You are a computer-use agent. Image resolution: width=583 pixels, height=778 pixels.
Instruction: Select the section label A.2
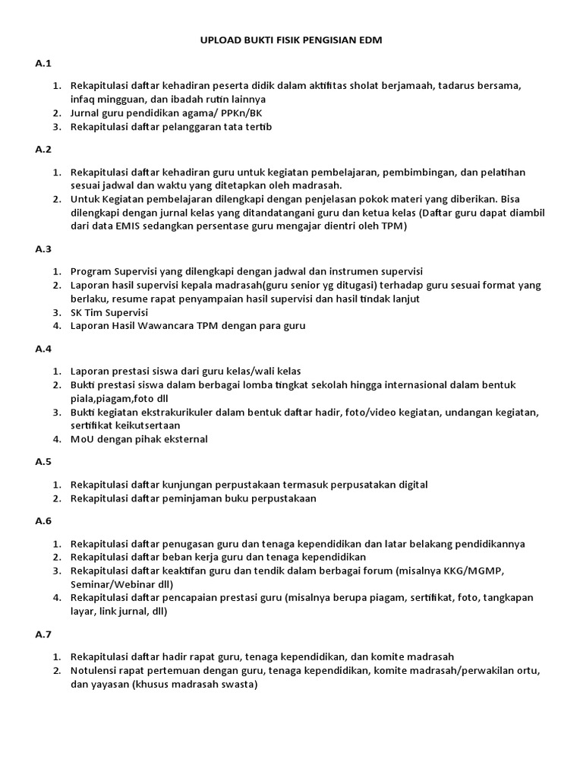43,150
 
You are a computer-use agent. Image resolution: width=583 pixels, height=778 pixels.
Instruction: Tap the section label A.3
43,248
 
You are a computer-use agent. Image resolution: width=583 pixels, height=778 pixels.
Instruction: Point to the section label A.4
43,349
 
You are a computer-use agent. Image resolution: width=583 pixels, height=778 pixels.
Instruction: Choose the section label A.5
43,461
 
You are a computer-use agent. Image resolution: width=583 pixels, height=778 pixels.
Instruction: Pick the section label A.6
43,521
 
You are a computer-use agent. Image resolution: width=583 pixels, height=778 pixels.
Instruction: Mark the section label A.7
43,633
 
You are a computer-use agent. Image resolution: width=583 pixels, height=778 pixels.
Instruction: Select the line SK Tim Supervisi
109,312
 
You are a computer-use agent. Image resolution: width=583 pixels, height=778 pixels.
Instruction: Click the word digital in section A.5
411,484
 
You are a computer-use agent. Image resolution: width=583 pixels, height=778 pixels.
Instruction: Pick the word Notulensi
95,671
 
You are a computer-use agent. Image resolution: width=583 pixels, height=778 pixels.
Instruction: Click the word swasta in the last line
240,685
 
